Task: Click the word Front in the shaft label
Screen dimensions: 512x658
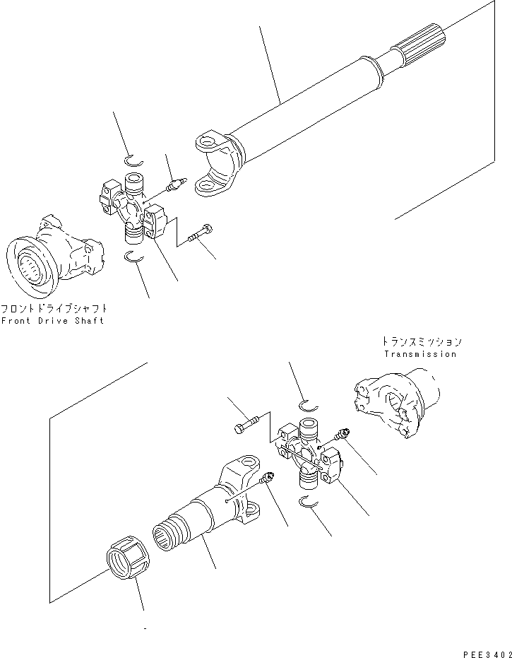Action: (16, 321)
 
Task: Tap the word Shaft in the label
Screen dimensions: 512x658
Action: (89, 321)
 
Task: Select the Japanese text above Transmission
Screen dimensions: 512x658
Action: (421, 341)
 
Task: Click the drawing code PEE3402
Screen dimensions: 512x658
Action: (487, 654)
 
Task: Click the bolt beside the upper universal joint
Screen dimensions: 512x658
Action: (200, 233)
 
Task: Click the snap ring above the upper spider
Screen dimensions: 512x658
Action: (133, 160)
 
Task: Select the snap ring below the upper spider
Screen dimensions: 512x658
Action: (135, 258)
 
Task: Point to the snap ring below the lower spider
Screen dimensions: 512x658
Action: (309, 501)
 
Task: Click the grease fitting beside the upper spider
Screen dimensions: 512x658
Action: (176, 184)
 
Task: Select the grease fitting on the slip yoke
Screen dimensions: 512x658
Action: (267, 477)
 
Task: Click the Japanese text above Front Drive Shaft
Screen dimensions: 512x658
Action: (54, 309)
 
